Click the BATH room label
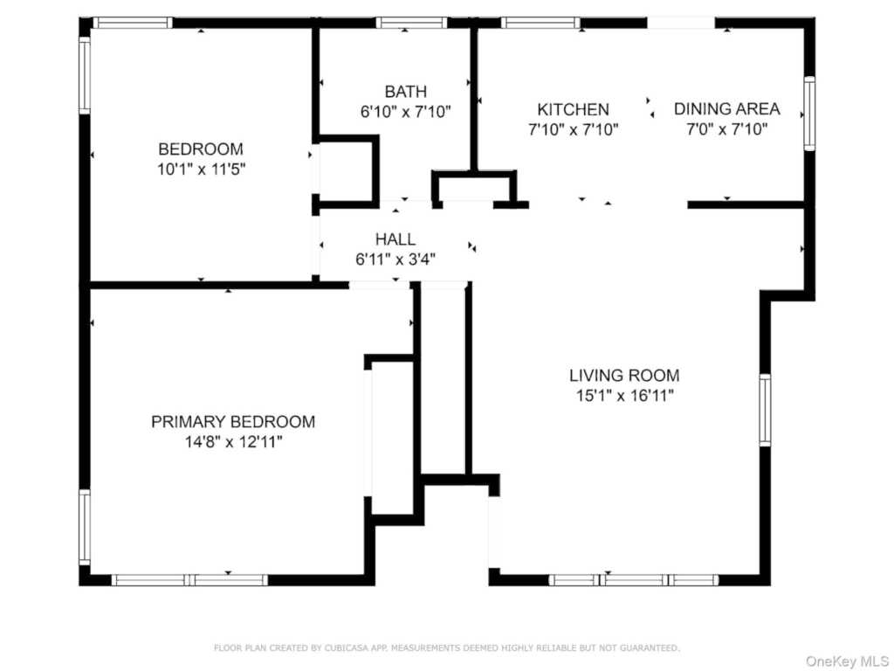[x=405, y=91]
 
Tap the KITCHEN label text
[x=573, y=109]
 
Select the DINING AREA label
[x=727, y=108]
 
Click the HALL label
[x=395, y=239]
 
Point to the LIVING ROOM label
[x=624, y=376]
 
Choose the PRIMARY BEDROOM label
[x=233, y=422]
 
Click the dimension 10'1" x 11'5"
[x=202, y=169]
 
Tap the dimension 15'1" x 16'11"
[x=625, y=396]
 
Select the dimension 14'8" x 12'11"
[x=233, y=441]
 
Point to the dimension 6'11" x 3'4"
[x=395, y=259]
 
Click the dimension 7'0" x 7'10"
[x=727, y=129]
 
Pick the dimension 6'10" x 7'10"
[x=405, y=111]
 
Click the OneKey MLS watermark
[x=847, y=661]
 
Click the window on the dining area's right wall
[x=809, y=113]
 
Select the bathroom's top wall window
[x=412, y=23]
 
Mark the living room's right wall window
[x=765, y=410]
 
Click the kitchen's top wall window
[x=540, y=23]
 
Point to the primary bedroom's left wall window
[x=85, y=527]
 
